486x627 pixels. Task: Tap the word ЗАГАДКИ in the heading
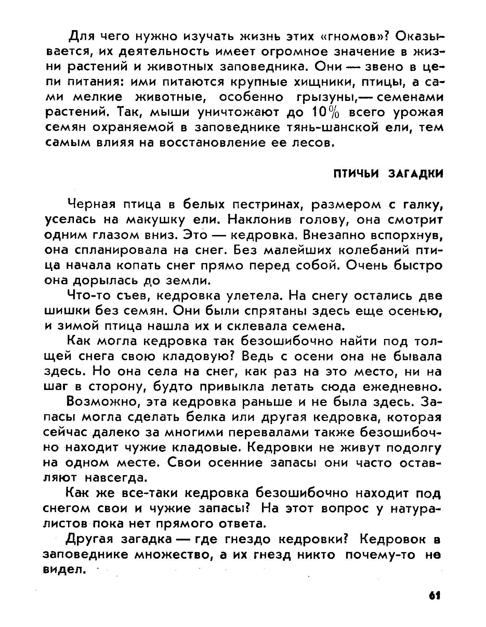click(x=416, y=174)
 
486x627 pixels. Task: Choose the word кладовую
click(x=199, y=356)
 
